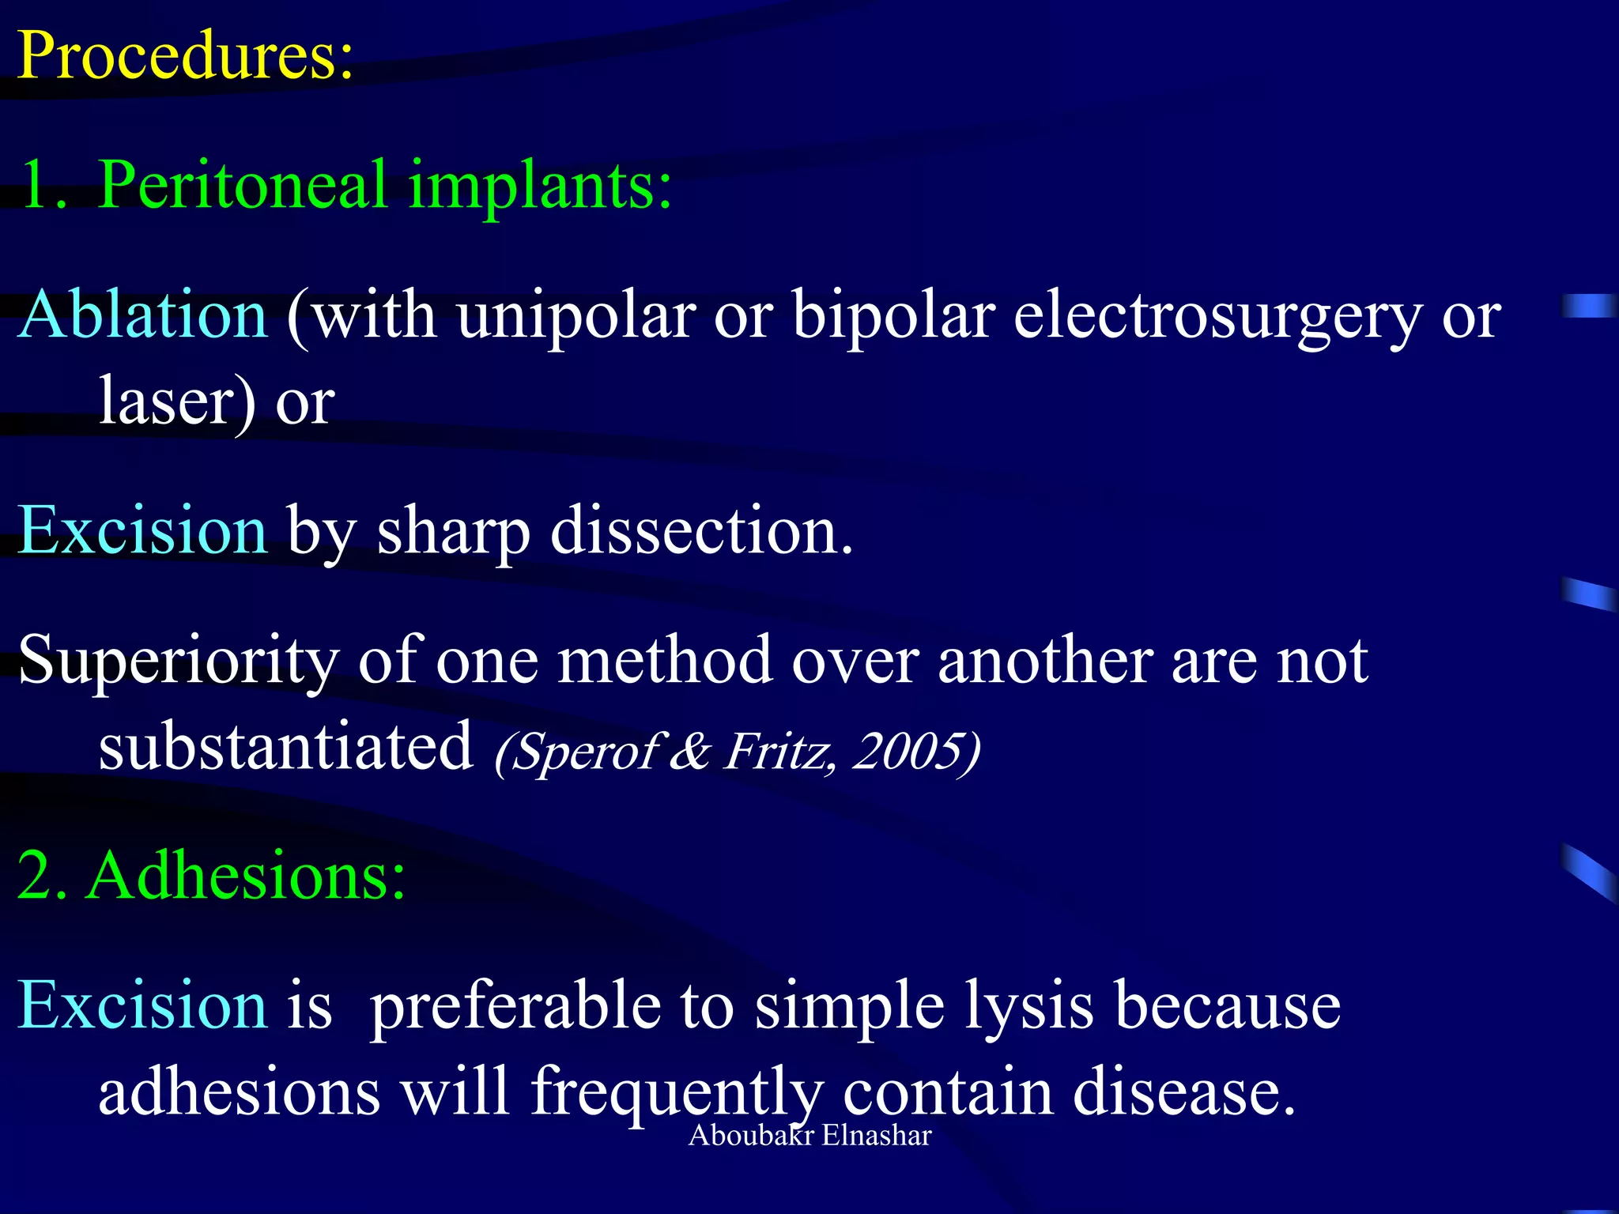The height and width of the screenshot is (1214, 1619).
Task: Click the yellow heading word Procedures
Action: (x=185, y=55)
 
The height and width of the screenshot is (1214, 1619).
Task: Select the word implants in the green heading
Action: (x=539, y=186)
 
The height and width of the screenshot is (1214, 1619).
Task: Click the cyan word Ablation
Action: (x=143, y=315)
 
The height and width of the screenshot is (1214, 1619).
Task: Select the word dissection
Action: (x=700, y=531)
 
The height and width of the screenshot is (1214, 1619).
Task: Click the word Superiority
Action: (x=179, y=661)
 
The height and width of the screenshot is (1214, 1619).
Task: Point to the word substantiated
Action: (x=285, y=746)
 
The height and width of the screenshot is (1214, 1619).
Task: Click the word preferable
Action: (x=515, y=1005)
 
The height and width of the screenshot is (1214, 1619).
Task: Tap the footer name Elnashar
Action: (x=876, y=1135)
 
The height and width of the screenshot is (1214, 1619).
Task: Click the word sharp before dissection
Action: (x=453, y=531)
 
